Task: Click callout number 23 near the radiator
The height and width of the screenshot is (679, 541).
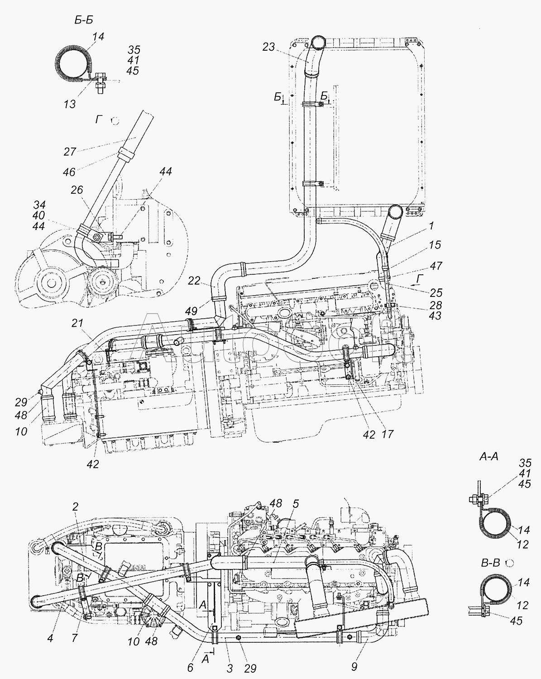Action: tap(268, 47)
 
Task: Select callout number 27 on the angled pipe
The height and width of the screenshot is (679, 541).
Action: tap(70, 152)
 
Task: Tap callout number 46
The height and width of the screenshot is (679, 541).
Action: tap(69, 172)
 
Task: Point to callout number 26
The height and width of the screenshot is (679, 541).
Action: tap(77, 190)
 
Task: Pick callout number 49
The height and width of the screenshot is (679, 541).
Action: tap(192, 311)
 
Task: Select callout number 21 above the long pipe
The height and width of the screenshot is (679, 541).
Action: tap(77, 323)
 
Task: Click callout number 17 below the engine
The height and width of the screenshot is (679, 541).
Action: tap(387, 435)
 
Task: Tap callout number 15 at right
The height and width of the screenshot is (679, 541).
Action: tap(435, 245)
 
